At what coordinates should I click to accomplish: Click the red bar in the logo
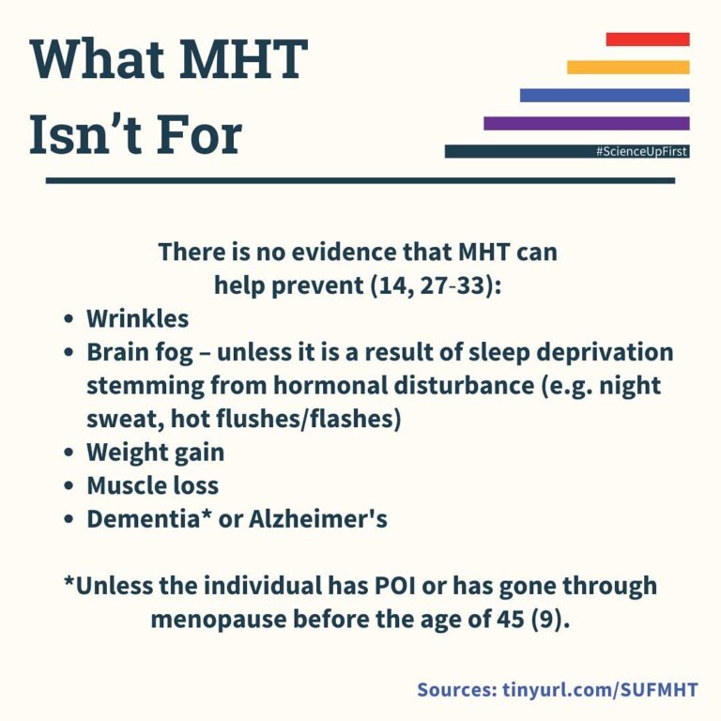(x=648, y=39)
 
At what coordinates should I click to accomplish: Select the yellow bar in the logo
(x=628, y=67)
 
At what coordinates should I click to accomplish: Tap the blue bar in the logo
(x=605, y=95)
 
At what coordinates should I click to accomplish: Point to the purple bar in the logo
(x=586, y=123)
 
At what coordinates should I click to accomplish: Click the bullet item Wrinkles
(x=137, y=318)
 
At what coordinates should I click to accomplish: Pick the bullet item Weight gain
(x=155, y=452)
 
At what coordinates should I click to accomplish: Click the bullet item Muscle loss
(x=152, y=485)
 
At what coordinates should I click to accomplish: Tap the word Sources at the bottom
(x=454, y=690)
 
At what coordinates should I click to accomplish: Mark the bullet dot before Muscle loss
(x=69, y=486)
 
